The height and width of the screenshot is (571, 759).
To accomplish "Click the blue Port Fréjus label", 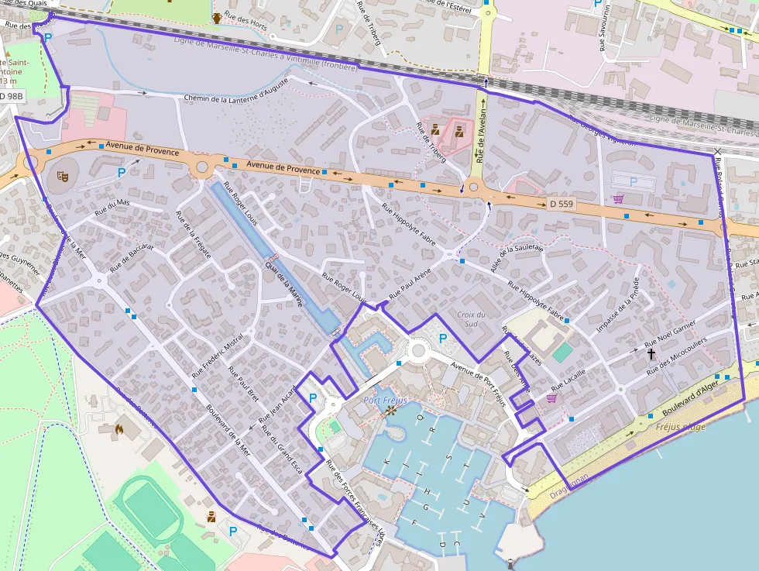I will coord(386,401).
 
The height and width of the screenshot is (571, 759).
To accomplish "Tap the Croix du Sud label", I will coord(472,318).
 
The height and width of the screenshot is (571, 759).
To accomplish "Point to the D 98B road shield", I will coord(12,95).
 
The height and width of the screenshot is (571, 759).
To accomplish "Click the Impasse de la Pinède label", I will coord(617,304).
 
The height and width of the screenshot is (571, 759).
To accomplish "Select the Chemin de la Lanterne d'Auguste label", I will coord(236,89).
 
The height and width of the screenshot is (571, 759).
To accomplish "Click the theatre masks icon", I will coord(62,176).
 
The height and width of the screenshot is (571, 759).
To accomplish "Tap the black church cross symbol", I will coord(651,354).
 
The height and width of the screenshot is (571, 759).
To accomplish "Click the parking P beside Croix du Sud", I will coord(443,338).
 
